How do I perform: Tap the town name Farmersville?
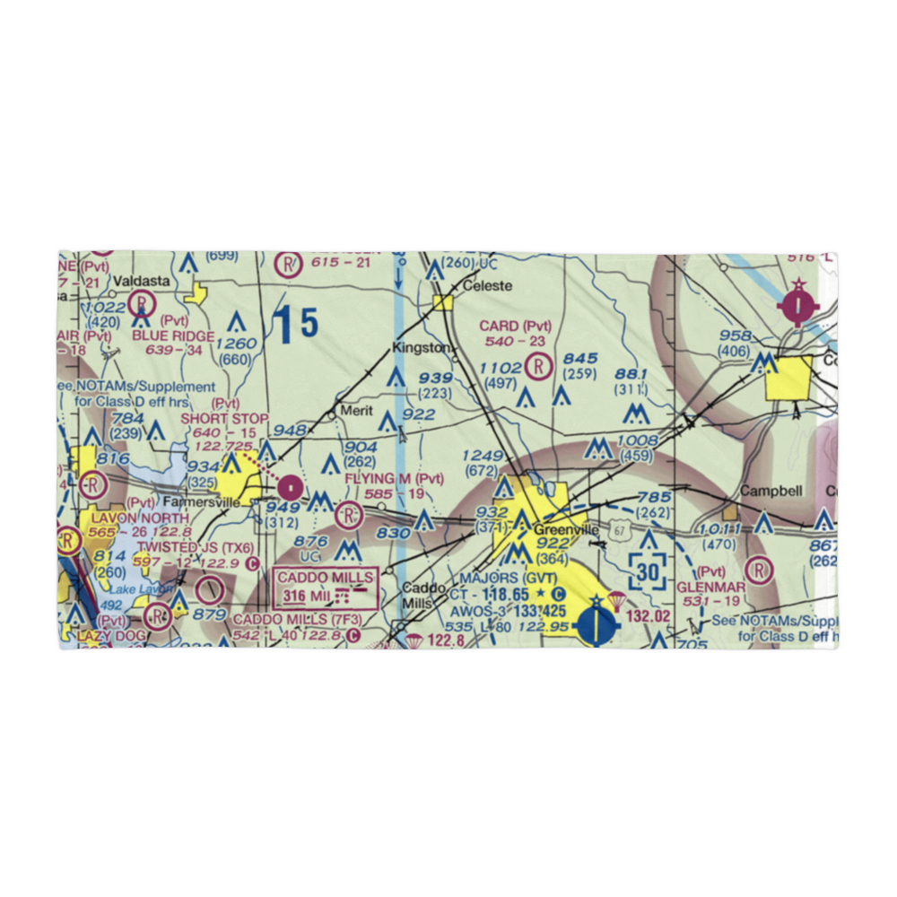pos(187,502)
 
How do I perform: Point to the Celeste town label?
pos(486,286)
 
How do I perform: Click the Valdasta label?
pos(142,281)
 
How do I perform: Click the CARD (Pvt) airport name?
pos(515,326)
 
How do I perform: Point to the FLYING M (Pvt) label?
pos(395,479)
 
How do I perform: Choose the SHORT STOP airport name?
pos(224,418)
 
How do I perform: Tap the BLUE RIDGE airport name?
pos(173,336)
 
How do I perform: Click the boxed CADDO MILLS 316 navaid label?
pos(326,588)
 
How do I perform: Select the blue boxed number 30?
pos(649,570)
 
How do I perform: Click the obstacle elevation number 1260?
pos(236,344)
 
